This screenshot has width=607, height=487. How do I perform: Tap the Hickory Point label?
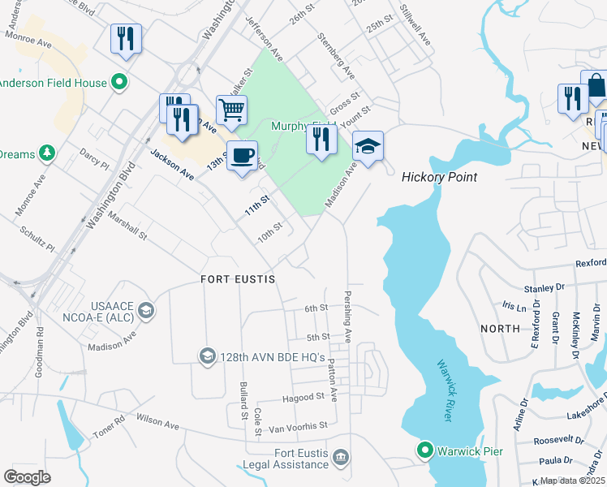pyautogui.click(x=439, y=177)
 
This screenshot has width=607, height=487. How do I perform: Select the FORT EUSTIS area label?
pyautogui.click(x=238, y=279)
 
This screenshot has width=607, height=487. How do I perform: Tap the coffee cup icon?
pyautogui.click(x=241, y=155)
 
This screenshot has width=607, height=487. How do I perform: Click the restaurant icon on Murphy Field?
pyautogui.click(x=321, y=140)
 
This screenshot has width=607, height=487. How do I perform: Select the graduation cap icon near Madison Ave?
pyautogui.click(x=368, y=147)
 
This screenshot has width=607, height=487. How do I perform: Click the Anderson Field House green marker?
pyautogui.click(x=119, y=82)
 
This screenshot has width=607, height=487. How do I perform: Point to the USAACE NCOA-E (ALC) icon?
pyautogui.click(x=145, y=309)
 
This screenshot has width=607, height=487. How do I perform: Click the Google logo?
pyautogui.click(x=28, y=476)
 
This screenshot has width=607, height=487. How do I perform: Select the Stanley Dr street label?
pyautogui.click(x=544, y=287)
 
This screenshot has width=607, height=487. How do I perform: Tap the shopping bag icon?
pyautogui.click(x=596, y=85)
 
